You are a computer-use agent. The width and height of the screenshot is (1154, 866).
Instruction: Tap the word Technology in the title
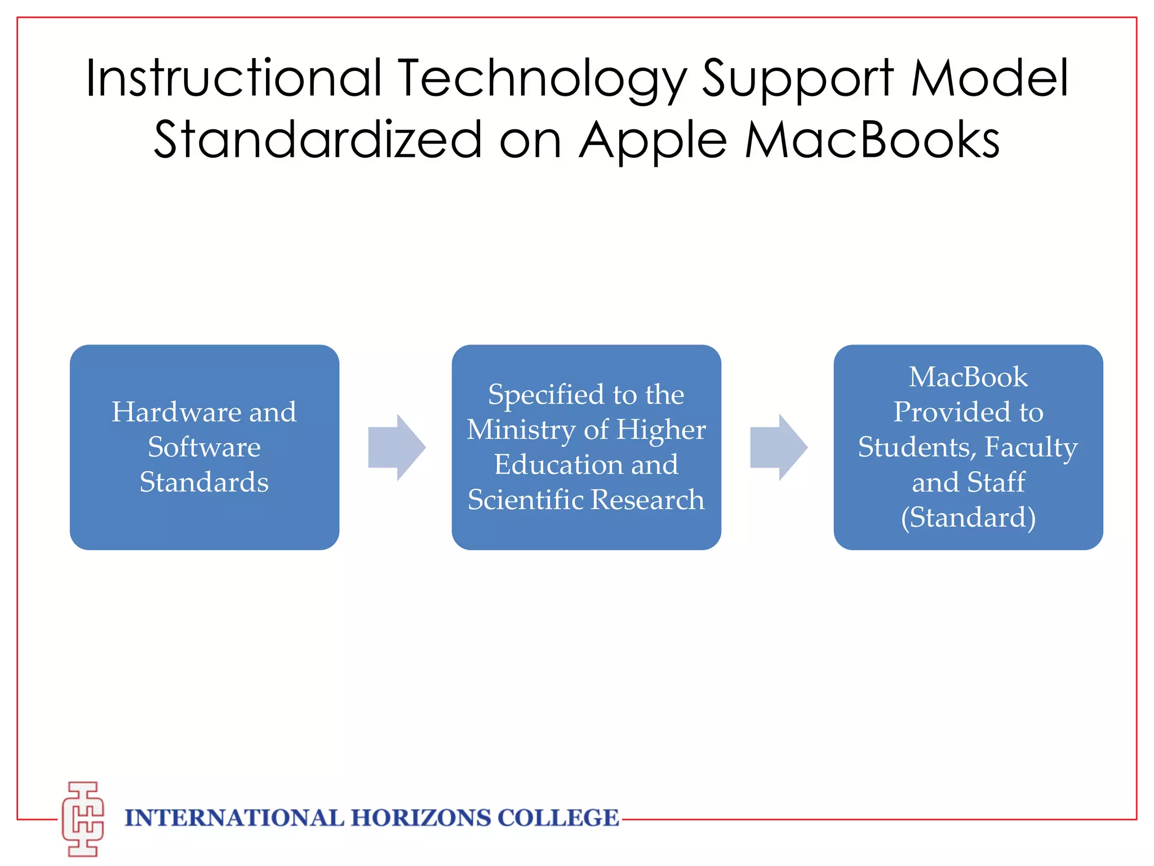[x=543, y=79]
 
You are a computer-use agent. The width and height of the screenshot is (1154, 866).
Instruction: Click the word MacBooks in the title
[x=872, y=139]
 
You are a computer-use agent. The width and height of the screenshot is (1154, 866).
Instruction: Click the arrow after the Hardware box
[x=396, y=447]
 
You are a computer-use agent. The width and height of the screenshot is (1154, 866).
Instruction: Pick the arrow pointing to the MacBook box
[x=778, y=447]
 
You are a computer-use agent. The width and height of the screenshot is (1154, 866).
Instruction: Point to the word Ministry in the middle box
[x=521, y=430]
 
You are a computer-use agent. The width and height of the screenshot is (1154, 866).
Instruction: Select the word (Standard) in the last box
[x=968, y=517]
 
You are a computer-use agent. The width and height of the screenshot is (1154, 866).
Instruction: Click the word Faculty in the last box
[x=1031, y=447]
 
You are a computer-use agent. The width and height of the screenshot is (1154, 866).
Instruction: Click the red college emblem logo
[x=83, y=819]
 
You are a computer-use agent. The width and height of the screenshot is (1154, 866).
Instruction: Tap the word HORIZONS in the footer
[x=421, y=818]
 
